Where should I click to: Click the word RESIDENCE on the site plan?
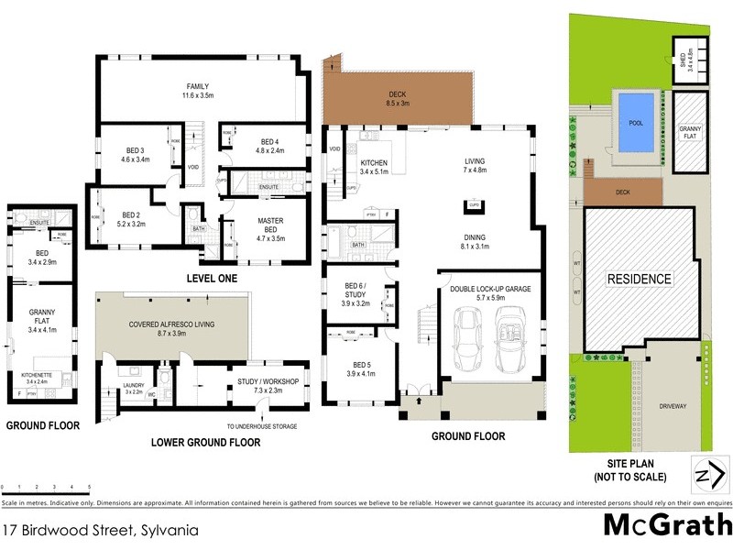pos(637,279)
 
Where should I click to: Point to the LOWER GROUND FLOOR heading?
pos(205,443)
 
